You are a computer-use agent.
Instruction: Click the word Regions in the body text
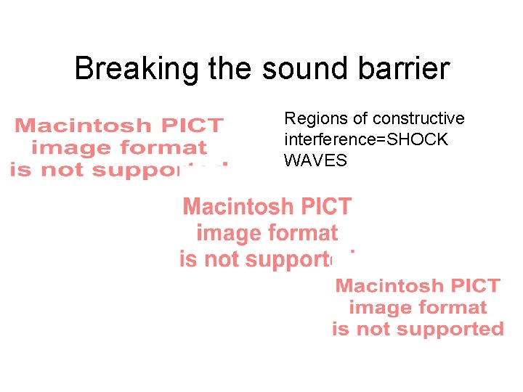[311, 119]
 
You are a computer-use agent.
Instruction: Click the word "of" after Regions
[354, 119]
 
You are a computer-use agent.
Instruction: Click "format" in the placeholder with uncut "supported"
[453, 308]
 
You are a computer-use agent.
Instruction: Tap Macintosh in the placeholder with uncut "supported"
[389, 286]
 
